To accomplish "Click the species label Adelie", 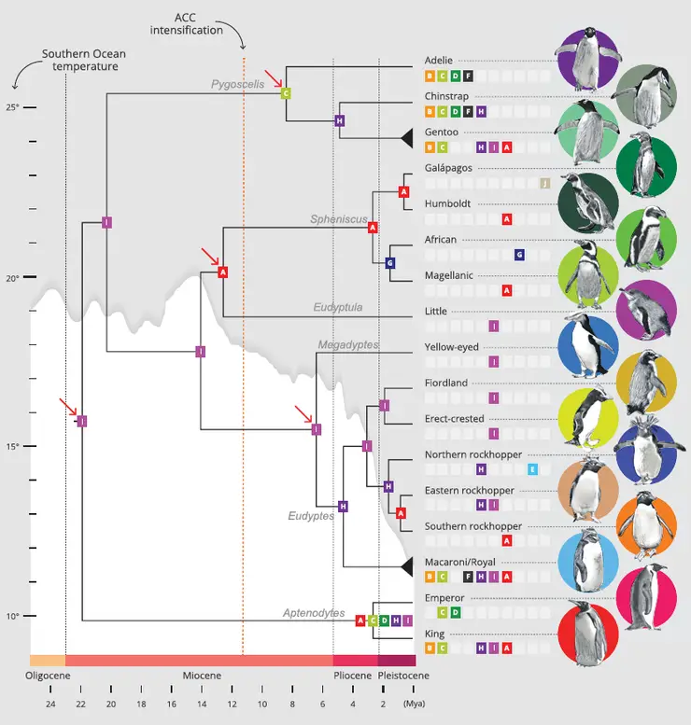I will [x=438, y=61].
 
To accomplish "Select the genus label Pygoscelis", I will [x=238, y=84].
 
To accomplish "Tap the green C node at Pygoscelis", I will [x=286, y=92].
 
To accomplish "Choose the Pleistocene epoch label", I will [x=403, y=675].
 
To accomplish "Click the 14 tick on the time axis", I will [x=201, y=704].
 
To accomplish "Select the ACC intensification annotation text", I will [x=187, y=24].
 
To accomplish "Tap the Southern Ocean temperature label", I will [x=84, y=61].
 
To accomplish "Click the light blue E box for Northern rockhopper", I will [x=532, y=469].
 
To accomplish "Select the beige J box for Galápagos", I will [x=545, y=183].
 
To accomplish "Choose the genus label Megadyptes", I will [x=348, y=344].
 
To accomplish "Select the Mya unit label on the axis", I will [x=411, y=704].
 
